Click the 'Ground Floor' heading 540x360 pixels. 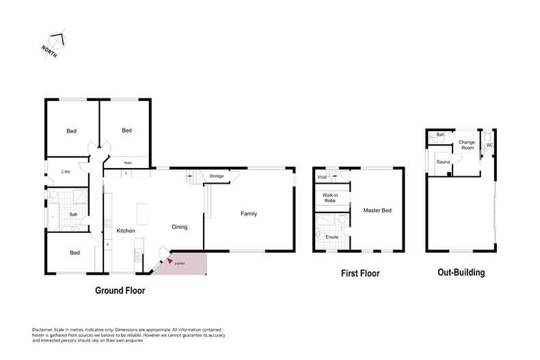coord(120,290)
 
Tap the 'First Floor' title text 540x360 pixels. coord(360,273)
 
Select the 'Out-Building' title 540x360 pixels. coord(461,273)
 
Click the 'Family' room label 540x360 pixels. coord(249,214)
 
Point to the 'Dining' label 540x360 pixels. coord(179,227)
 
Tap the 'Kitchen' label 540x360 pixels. coord(126,231)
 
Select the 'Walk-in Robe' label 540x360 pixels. coord(325,199)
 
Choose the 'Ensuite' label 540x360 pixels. coord(332,236)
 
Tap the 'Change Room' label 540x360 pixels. coord(468,145)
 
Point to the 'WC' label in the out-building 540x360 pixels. coord(489,145)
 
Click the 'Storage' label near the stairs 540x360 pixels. coord(217,176)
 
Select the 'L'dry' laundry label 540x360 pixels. coord(66,171)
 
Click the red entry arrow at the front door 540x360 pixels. coord(170,260)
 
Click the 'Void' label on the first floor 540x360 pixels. coord(321,178)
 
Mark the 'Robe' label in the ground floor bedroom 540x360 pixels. coord(127,162)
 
